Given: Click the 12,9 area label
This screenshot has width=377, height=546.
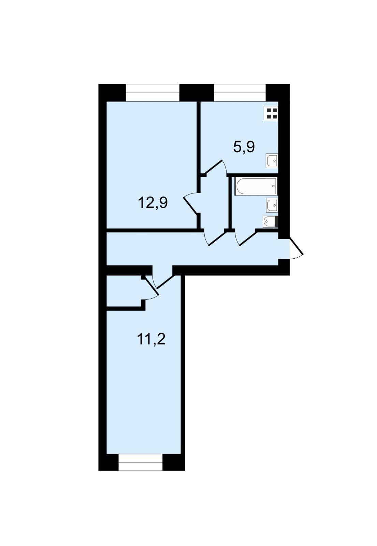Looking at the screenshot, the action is pyautogui.click(x=153, y=203).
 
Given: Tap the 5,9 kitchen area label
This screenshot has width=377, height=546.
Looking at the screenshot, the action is pyautogui.click(x=244, y=147).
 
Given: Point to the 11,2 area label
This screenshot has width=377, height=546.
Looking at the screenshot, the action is pyautogui.click(x=151, y=339).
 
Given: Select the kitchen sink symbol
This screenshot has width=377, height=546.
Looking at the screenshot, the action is pyautogui.click(x=272, y=161).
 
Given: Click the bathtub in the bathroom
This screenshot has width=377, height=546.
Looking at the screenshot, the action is pyautogui.click(x=256, y=186).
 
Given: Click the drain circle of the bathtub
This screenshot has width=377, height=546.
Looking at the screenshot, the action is pyautogui.click(x=273, y=186).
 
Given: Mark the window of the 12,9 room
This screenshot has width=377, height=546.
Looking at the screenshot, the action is pyautogui.click(x=152, y=92).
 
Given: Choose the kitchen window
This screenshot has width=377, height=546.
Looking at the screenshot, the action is pyautogui.click(x=240, y=92).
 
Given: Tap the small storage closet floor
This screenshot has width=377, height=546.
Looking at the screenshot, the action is pyautogui.click(x=124, y=291).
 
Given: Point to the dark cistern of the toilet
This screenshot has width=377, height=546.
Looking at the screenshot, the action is pyautogui.click(x=276, y=222).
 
